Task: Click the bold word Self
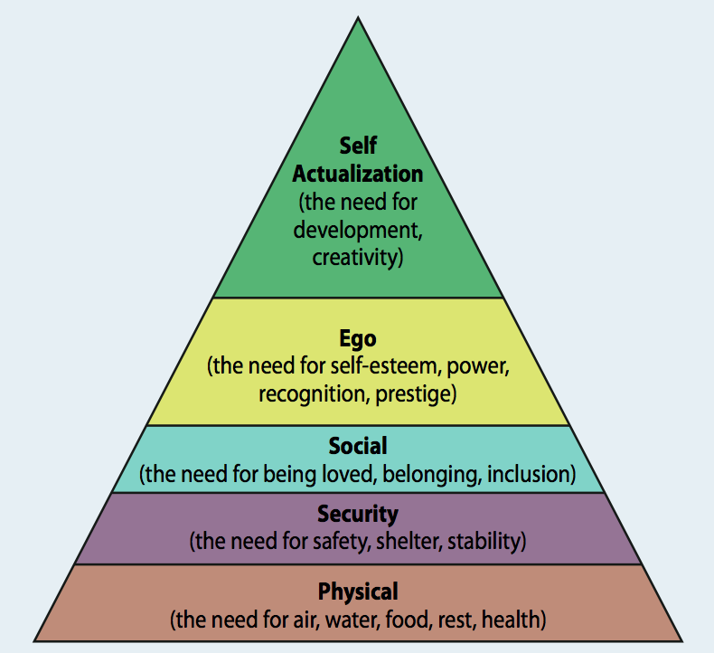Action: coord(358,146)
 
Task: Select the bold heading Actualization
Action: coord(358,174)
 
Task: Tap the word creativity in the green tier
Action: coord(354,258)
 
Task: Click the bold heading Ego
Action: coord(358,339)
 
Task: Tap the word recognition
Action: coord(313,394)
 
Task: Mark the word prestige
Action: coord(412,394)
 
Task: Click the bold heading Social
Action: coord(358,446)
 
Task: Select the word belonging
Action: coord(430,475)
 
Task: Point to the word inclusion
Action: coord(528,474)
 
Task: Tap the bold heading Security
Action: coord(358,515)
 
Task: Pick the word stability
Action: coord(484,542)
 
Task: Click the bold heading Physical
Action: coord(358,592)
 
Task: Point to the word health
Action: coord(511,620)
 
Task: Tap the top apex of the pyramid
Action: coord(359,17)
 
